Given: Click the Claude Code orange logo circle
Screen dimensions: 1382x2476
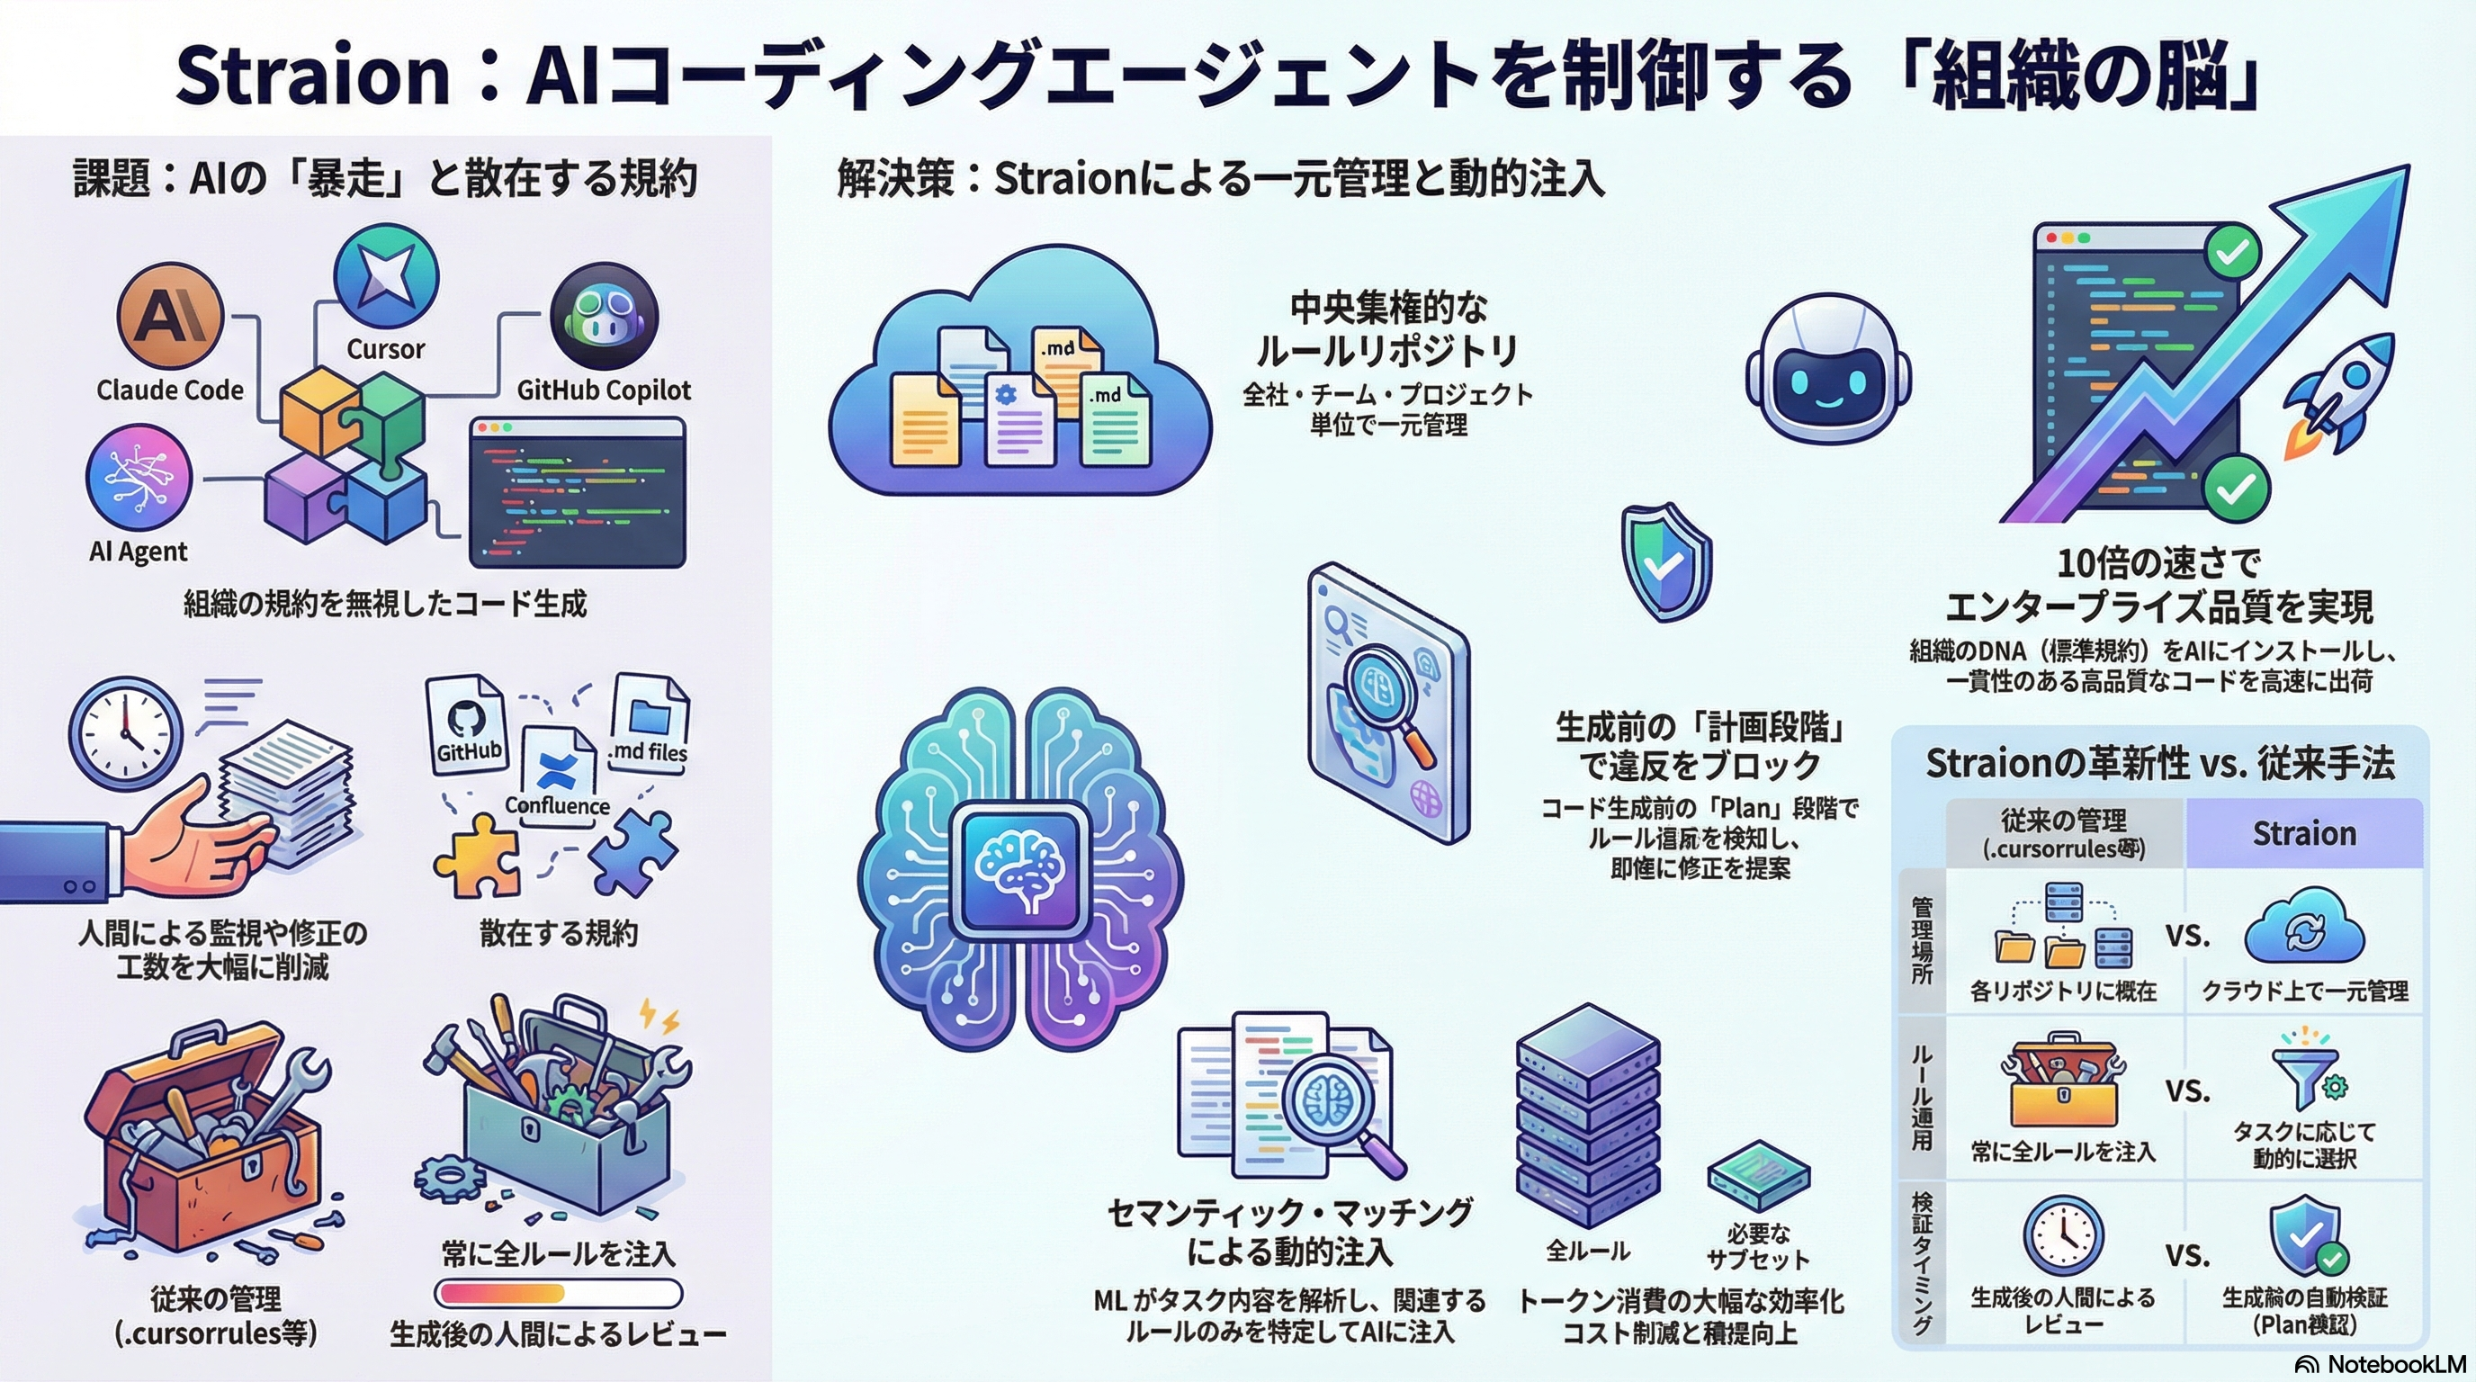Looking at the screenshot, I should (x=170, y=314).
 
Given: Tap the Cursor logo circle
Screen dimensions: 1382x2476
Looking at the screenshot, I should (x=385, y=276).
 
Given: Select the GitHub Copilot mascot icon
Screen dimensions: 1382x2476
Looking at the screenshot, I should (x=604, y=317).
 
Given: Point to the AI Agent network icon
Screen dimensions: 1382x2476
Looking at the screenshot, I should (x=139, y=478).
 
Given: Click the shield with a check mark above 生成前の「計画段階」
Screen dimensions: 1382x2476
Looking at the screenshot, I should (x=1665, y=562).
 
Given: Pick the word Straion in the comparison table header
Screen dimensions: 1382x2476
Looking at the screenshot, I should (x=2304, y=833).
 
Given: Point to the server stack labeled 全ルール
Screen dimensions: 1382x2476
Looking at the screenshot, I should (x=1587, y=1115).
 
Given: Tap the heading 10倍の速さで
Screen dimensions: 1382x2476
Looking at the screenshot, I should (x=2158, y=563).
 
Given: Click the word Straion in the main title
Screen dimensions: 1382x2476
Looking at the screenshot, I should (x=312, y=75).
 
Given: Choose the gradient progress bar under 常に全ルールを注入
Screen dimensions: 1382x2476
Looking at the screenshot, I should (x=558, y=1294).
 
